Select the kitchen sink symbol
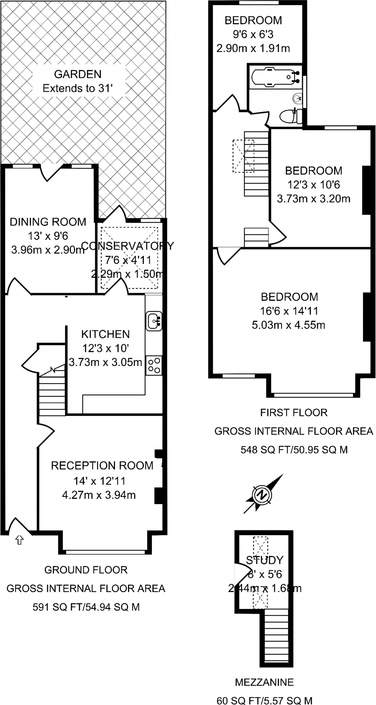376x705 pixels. (x=154, y=321)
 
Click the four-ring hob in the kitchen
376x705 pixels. (x=154, y=366)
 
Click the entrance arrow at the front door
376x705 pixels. (x=19, y=540)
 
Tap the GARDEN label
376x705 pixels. (x=78, y=74)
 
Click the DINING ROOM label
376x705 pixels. (x=48, y=222)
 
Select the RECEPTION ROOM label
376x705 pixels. (x=102, y=465)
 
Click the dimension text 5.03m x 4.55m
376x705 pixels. (x=289, y=325)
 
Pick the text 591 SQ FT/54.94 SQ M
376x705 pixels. (x=86, y=607)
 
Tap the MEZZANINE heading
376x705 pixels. (x=264, y=682)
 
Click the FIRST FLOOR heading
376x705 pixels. (x=293, y=412)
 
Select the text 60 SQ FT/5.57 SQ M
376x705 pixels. (x=264, y=700)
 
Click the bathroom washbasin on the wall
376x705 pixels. (x=298, y=98)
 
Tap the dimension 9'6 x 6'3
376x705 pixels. (x=253, y=34)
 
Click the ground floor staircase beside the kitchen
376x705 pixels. (x=52, y=396)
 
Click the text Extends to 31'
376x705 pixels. (x=78, y=88)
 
